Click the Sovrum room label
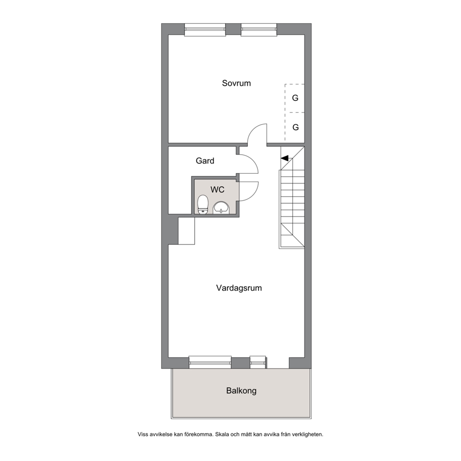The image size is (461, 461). (237, 83)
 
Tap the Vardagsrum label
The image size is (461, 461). (239, 288)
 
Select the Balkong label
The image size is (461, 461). (241, 391)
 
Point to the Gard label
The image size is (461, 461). (205, 161)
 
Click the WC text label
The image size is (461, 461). (217, 190)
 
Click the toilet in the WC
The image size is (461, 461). (203, 204)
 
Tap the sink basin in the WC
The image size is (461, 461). (221, 208)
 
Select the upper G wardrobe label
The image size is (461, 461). (295, 98)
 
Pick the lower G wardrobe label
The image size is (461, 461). (296, 127)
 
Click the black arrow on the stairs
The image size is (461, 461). (284, 158)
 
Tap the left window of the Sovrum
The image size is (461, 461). (205, 29)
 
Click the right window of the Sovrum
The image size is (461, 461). (259, 29)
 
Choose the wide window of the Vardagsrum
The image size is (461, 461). (210, 362)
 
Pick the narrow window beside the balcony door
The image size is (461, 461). (257, 362)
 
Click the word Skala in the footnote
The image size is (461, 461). (222, 434)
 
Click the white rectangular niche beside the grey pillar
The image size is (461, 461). (186, 231)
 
